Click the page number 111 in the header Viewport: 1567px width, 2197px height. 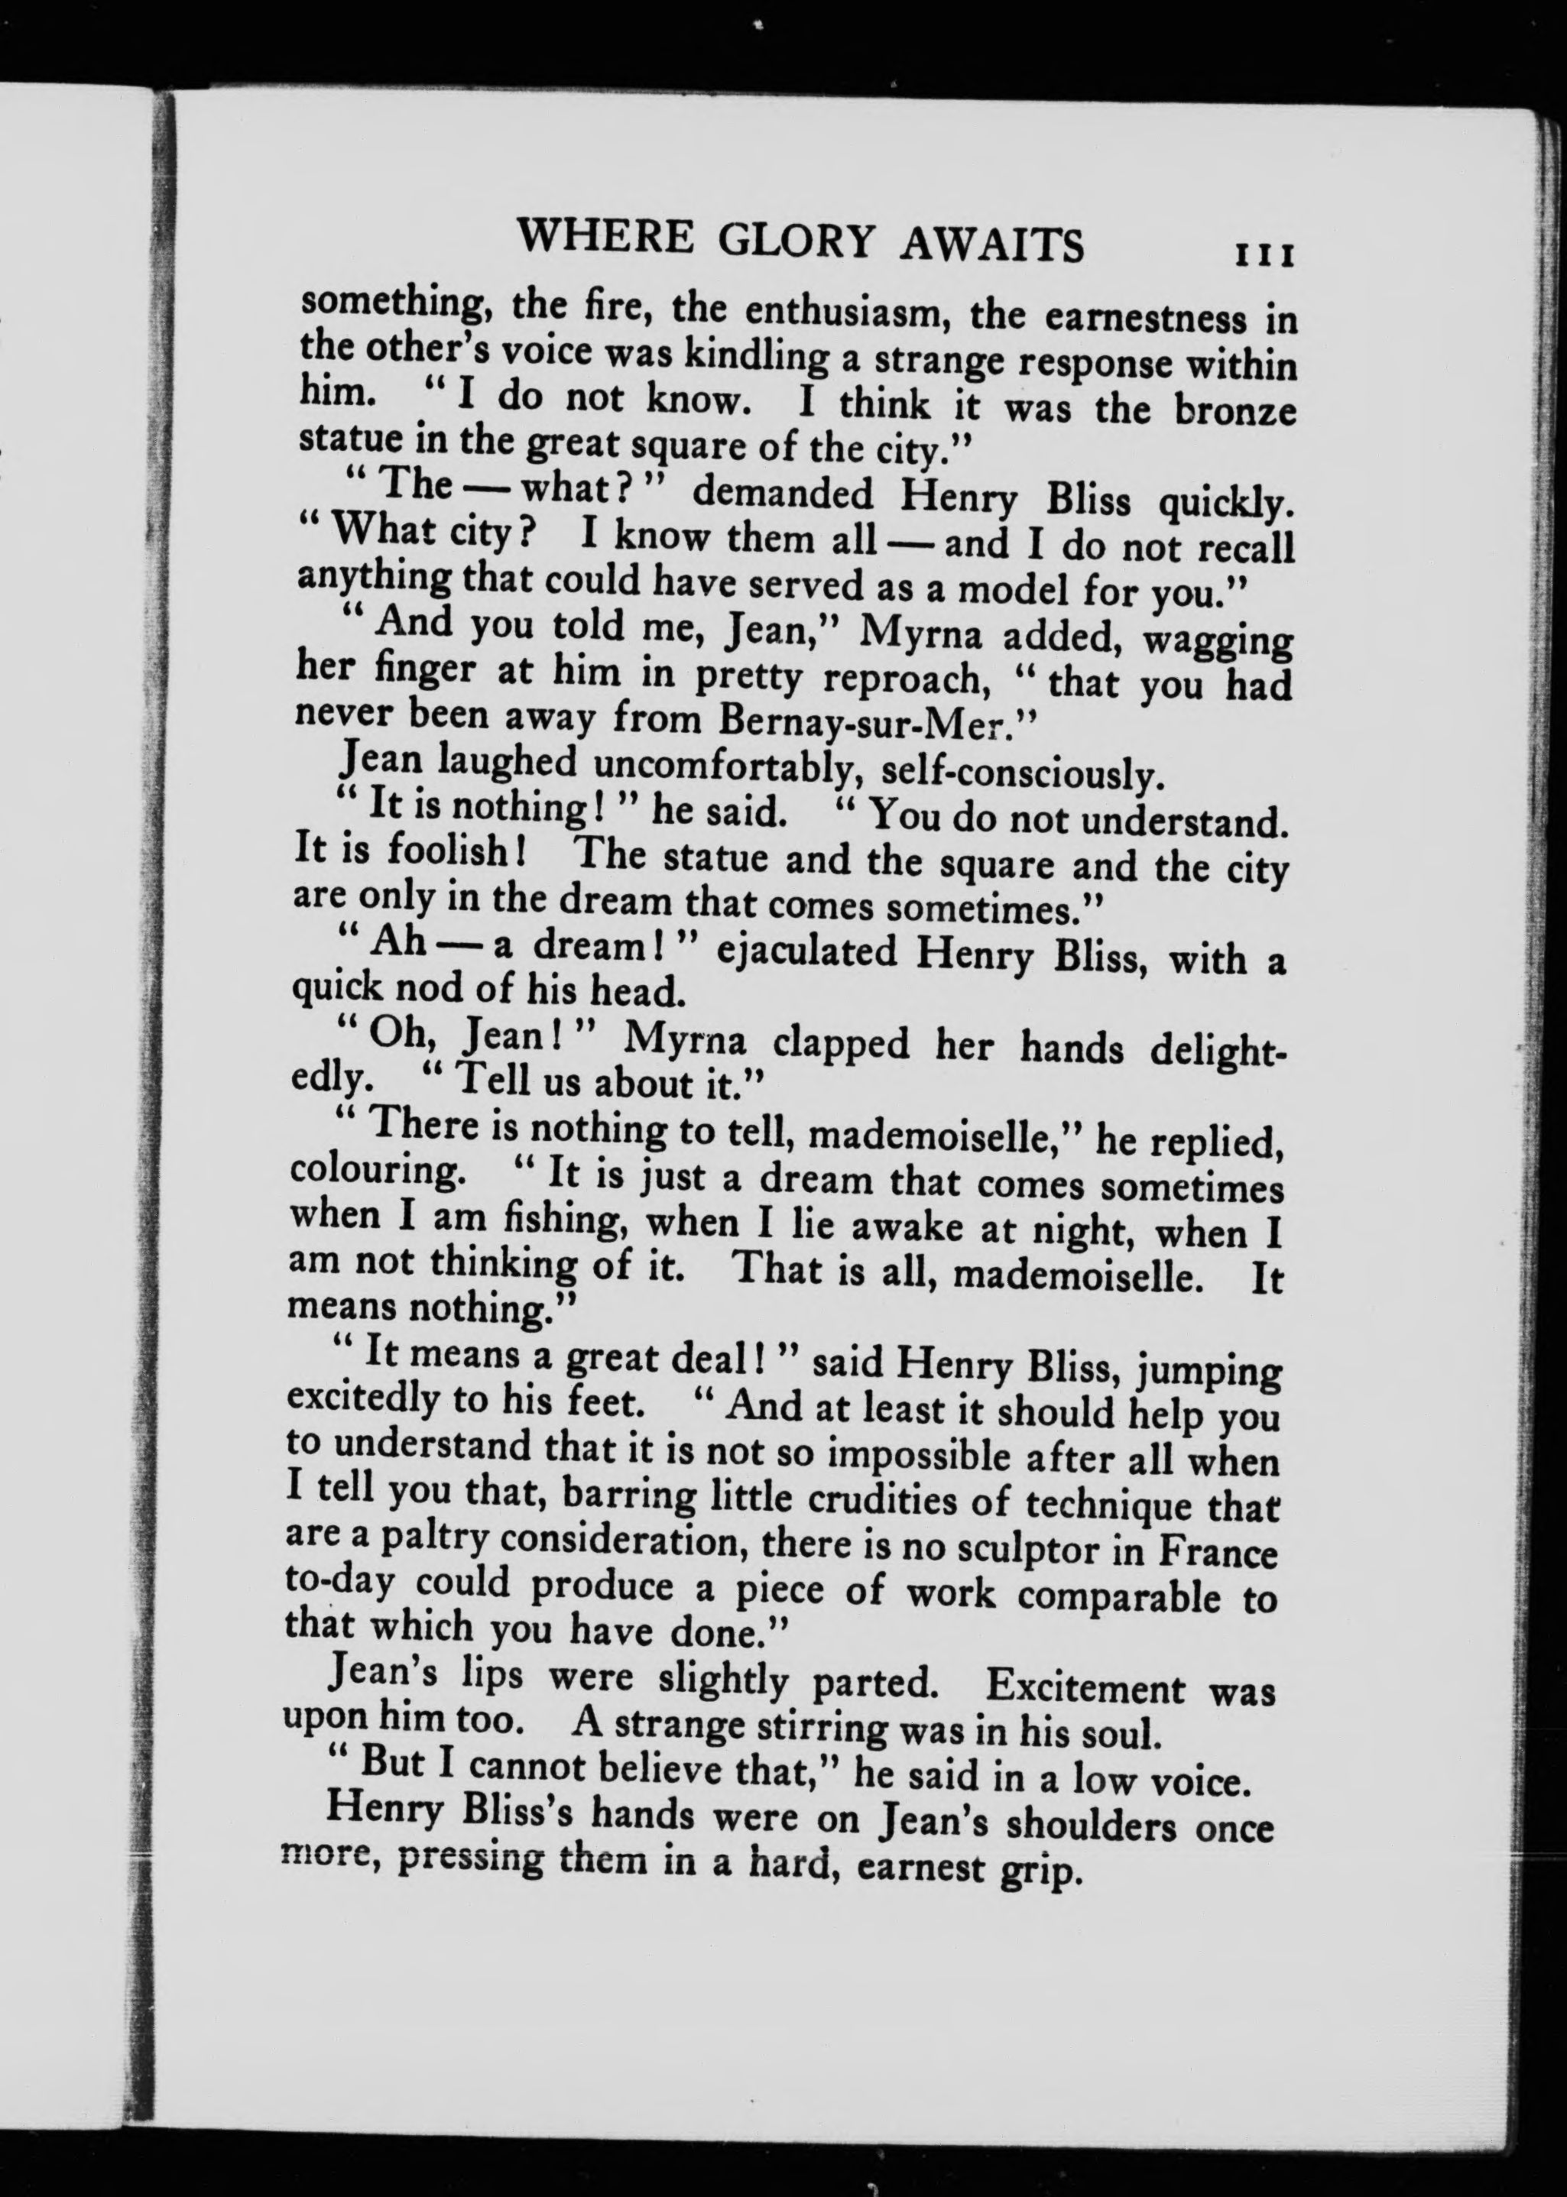1263,254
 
